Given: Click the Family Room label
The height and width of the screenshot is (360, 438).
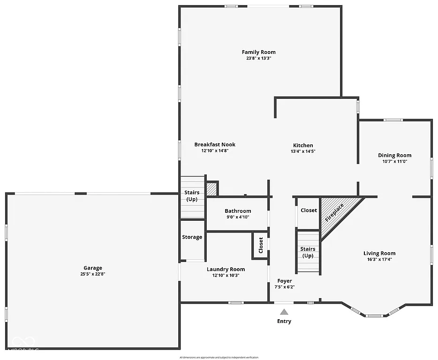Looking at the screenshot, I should coord(258,52).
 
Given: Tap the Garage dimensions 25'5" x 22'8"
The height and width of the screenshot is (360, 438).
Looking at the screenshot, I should coord(93,274).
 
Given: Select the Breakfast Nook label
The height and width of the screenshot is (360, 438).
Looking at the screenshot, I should coord(215,144).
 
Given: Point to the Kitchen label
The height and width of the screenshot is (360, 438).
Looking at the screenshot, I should coord(303,145).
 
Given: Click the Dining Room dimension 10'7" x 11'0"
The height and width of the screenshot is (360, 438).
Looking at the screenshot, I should coord(394,162).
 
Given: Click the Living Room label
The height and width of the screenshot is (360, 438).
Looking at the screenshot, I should coord(379,253).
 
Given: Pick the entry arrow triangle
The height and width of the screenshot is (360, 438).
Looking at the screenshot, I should coord(284,312).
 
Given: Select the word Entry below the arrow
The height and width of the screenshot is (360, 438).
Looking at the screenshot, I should coord(284,322).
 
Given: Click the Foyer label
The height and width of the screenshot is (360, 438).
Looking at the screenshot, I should coord(285,281).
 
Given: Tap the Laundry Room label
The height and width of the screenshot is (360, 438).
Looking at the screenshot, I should coord(226,269).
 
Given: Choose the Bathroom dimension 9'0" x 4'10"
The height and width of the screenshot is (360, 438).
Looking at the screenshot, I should coord(238,217).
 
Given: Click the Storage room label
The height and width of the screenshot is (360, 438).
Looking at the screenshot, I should coord(192,237).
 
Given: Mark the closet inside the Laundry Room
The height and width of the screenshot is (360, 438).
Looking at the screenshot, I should coord(261,244).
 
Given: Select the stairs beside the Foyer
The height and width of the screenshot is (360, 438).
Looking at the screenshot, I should coord(308,252).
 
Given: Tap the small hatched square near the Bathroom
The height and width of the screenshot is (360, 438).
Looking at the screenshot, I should coord(211,188).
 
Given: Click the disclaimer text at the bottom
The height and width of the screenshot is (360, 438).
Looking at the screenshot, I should coord(219,358).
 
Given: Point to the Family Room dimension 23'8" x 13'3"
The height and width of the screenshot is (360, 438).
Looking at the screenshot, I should coord(258,59).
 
